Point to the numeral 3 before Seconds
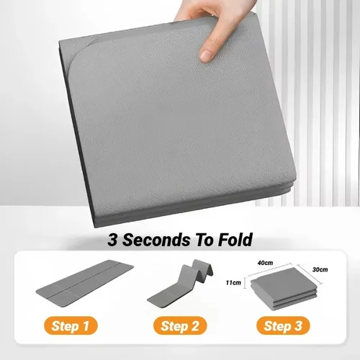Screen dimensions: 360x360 [x=114, y=238]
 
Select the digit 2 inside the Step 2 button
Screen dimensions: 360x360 [x=197, y=326]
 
